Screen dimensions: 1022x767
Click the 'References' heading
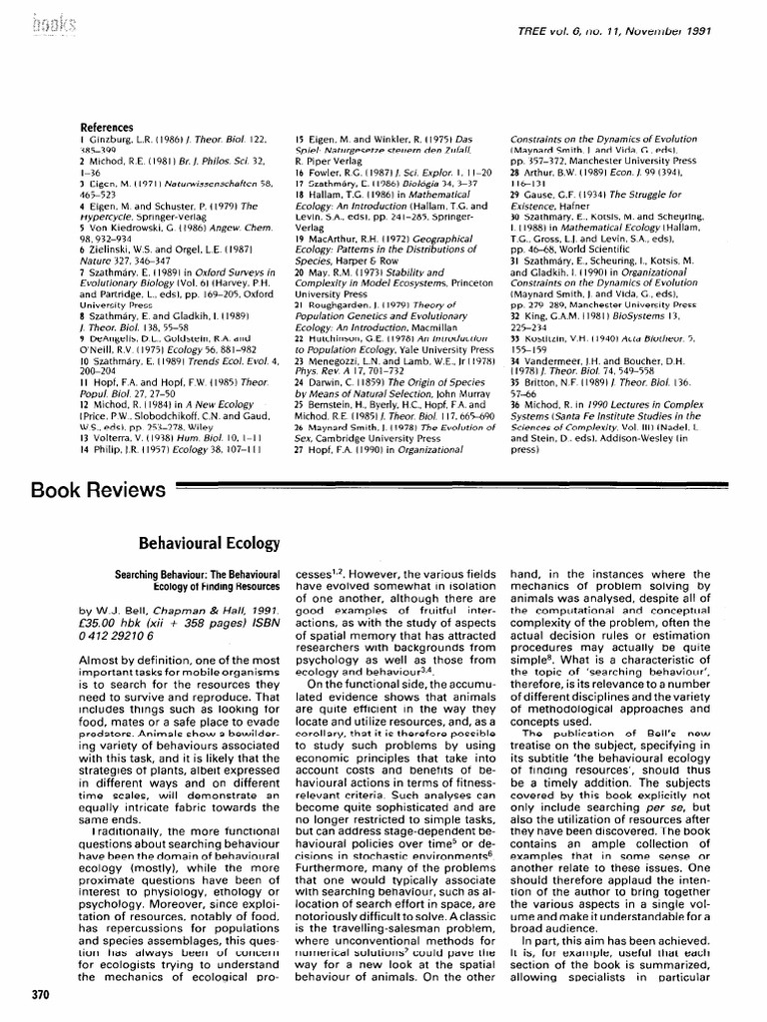[x=106, y=128]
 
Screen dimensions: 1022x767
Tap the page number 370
[x=41, y=995]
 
